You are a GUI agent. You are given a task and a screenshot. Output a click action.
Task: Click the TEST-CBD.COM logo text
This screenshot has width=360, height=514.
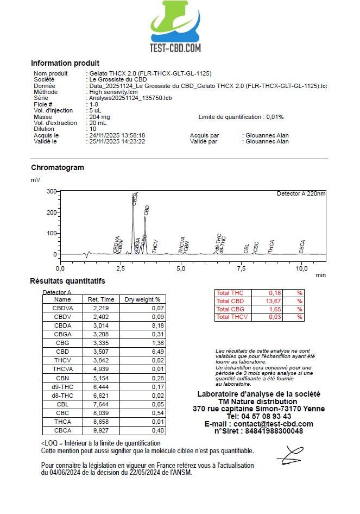point(175,48)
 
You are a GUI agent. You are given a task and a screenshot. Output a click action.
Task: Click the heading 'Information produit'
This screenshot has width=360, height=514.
point(65,63)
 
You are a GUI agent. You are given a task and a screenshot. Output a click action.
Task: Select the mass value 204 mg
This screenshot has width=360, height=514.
point(99,117)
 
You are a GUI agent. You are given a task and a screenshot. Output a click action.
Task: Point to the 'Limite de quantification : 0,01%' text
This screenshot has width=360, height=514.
point(241,117)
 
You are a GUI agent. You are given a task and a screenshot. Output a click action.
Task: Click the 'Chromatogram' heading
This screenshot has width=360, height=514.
point(58,167)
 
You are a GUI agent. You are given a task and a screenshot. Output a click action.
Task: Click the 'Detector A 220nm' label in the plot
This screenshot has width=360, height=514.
point(301,193)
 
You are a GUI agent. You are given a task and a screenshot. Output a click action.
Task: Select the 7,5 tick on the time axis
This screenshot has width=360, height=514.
point(242,268)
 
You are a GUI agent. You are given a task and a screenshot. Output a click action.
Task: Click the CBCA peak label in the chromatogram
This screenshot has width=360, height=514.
point(302,247)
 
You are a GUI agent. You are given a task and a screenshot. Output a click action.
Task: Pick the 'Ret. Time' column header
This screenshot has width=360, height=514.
point(101,299)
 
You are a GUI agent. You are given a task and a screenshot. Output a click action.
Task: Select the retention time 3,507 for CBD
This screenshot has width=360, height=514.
point(101,351)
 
